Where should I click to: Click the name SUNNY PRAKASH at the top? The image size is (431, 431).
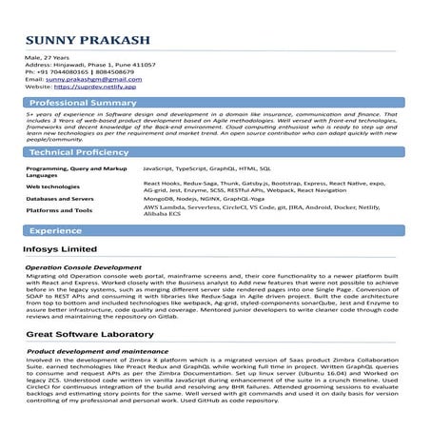[x=84, y=40]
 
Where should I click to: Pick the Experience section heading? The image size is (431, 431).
[x=54, y=231]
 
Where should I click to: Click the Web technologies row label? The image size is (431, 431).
[x=52, y=186]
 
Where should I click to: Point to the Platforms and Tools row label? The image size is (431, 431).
[x=59, y=210]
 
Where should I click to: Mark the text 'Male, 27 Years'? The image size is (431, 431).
[x=46, y=56]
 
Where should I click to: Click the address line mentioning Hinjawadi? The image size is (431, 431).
[x=89, y=64]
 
